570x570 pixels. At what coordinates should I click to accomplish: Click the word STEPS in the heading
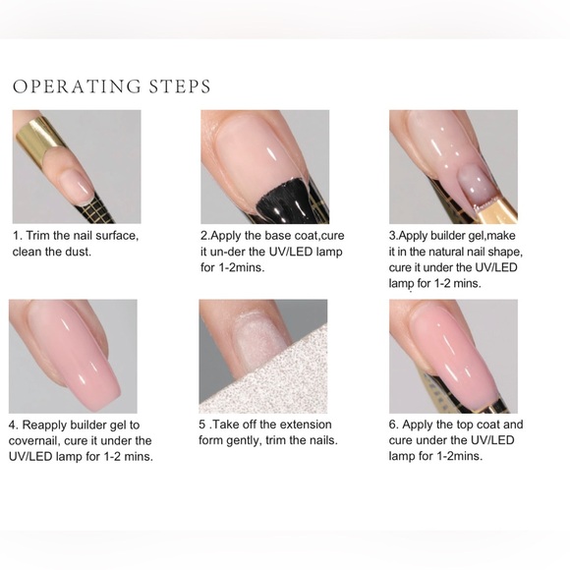click(178, 86)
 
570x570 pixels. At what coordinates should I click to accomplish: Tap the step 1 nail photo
click(76, 166)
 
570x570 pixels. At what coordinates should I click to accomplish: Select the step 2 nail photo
click(264, 166)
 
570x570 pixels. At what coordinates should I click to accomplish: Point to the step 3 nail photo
click(453, 166)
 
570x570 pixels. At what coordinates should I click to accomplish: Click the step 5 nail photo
click(262, 356)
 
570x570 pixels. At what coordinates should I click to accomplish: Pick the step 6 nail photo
click(453, 356)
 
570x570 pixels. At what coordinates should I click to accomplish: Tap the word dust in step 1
click(102, 252)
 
